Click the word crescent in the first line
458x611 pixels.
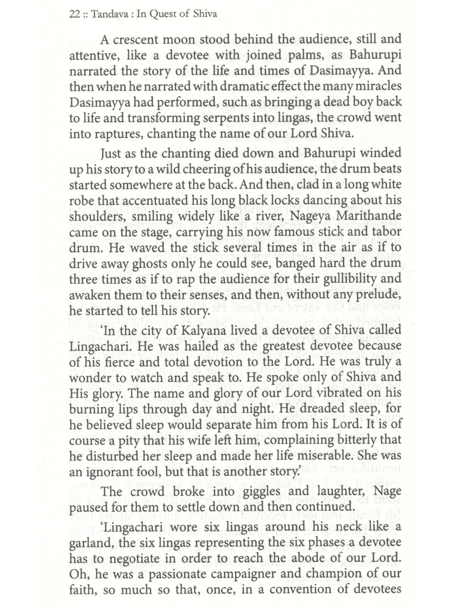(141, 40)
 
